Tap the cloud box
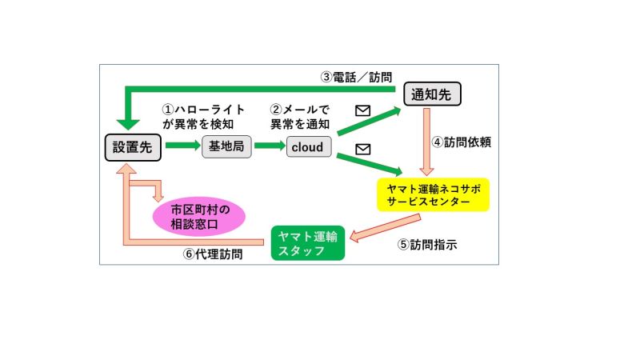tap(307, 147)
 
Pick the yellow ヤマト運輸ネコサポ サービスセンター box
tap(432, 194)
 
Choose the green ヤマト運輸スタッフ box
tap(307, 243)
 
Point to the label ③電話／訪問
tap(356, 78)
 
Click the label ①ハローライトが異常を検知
tap(204, 117)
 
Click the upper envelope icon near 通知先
tap(362, 111)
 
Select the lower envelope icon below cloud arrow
tap(362, 149)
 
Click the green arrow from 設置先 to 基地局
tap(182, 146)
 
